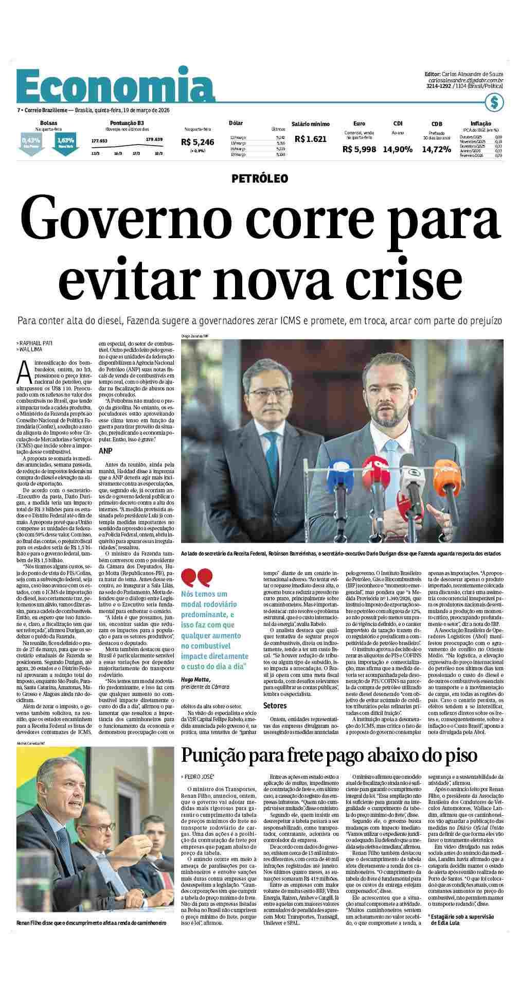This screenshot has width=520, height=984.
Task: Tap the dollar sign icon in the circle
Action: [x=494, y=102]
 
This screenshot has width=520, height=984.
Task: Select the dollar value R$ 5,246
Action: [x=198, y=142]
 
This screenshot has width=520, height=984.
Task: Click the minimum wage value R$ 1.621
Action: [x=311, y=138]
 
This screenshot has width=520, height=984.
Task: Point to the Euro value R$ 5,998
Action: [x=359, y=149]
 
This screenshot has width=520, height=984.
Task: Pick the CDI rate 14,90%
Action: [x=398, y=149]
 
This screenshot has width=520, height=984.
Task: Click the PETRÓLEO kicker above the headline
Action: [x=260, y=178]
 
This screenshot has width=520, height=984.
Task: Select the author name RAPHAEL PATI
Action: [x=34, y=342]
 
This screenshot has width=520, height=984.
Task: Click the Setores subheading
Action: [x=275, y=705]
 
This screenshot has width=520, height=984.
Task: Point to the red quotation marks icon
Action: [x=196, y=578]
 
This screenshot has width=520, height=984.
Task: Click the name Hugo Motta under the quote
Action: [x=195, y=679]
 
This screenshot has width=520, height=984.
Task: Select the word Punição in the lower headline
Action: [x=213, y=755]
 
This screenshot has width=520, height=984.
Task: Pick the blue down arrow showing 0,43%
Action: [x=30, y=141]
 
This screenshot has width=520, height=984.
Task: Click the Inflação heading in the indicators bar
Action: [x=480, y=123]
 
